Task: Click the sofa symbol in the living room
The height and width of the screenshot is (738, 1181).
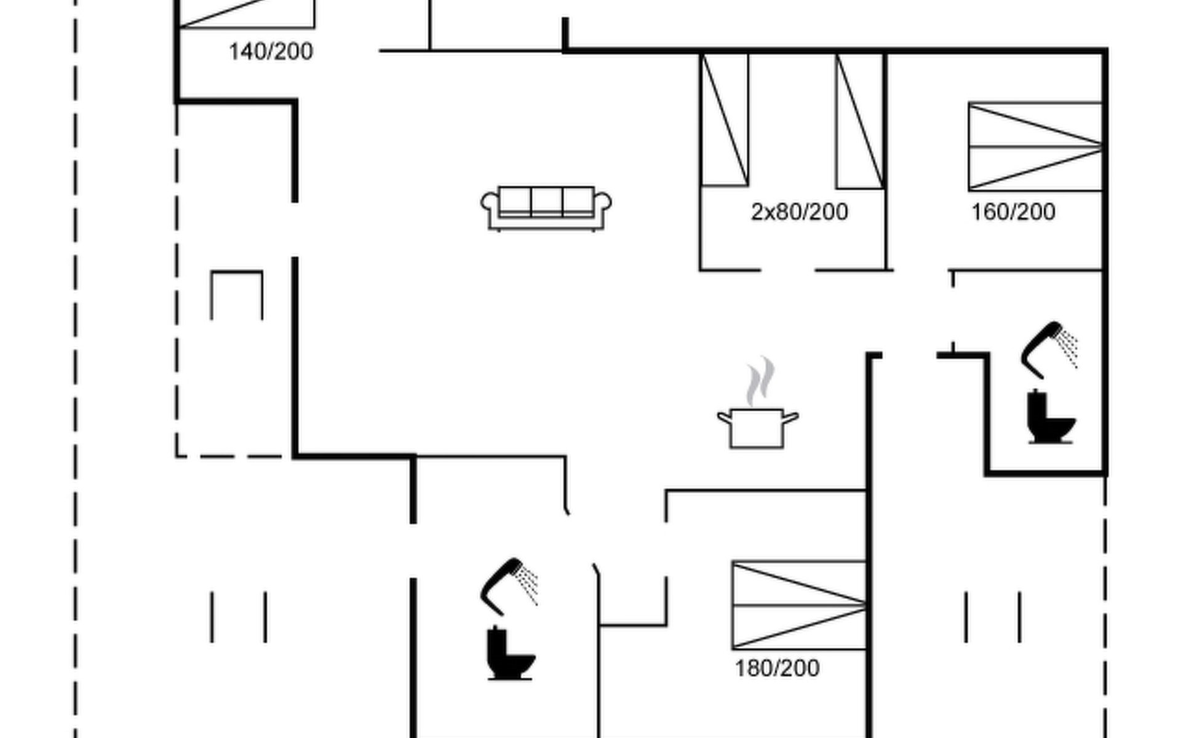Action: point(546,208)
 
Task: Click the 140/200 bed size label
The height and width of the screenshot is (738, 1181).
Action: point(271,52)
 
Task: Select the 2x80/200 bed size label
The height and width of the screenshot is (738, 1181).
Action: point(799,212)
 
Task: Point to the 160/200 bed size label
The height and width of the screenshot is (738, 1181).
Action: point(1013,212)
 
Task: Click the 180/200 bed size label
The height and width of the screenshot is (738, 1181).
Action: point(777,669)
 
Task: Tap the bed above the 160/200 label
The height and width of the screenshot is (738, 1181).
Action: point(1035,146)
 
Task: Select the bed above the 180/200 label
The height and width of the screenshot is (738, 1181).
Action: point(799,605)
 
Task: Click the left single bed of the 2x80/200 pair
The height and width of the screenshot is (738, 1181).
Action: point(725,120)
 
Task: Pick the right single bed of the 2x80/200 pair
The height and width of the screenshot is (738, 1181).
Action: point(860,121)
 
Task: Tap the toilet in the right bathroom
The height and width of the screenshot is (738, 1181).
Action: point(1049,418)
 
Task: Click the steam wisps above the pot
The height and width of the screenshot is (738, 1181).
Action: point(760,381)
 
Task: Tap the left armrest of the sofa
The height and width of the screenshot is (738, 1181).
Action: point(490,204)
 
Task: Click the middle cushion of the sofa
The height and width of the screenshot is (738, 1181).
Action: point(546,202)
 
